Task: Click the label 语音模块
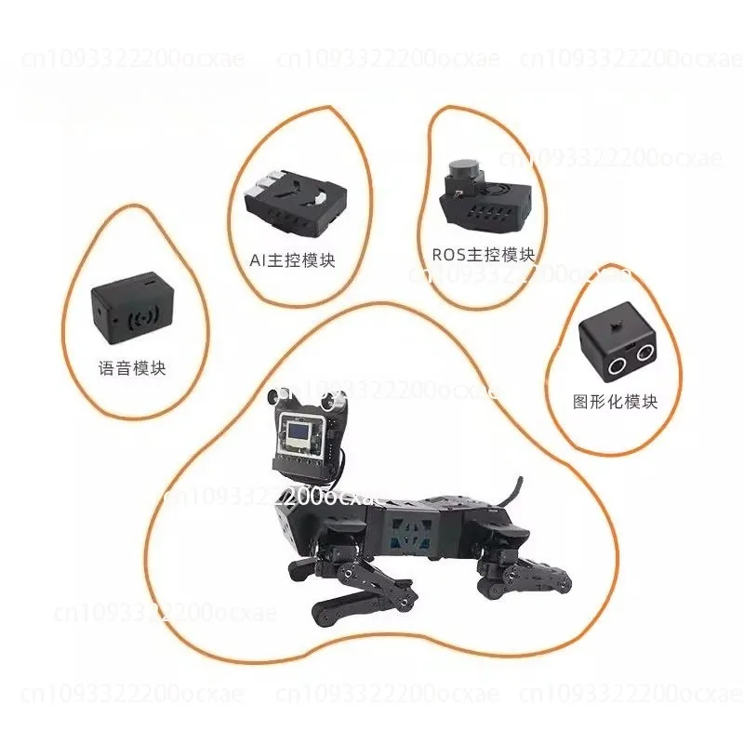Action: tap(131, 368)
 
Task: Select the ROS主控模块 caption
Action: tap(484, 254)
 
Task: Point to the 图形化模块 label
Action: tap(616, 402)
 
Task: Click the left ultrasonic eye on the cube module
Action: tap(617, 363)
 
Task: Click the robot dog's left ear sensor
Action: tap(272, 399)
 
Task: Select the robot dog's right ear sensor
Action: tap(331, 402)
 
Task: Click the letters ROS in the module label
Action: tap(445, 253)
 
